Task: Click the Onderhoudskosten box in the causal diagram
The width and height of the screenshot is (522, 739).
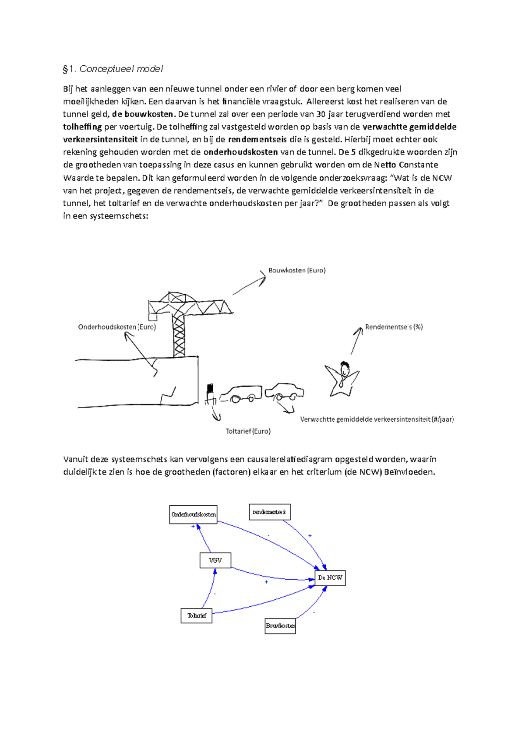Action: click(193, 514)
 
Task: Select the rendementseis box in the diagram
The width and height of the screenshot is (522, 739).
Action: click(269, 512)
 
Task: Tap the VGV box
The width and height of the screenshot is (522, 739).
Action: click(215, 560)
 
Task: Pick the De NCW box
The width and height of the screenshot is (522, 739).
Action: click(330, 578)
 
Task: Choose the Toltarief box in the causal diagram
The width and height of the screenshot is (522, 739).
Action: click(197, 615)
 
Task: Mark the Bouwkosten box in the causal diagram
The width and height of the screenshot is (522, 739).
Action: click(280, 626)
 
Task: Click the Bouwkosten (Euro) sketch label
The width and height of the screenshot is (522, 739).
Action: click(297, 270)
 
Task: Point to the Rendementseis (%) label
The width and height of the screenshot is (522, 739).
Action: click(394, 327)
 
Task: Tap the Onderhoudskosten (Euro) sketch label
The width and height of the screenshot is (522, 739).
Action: click(117, 327)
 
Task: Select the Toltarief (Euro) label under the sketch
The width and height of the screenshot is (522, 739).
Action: click(248, 431)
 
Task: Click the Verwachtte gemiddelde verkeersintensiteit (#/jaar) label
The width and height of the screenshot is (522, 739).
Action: click(377, 420)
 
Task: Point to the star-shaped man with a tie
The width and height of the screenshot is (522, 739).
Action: click(342, 378)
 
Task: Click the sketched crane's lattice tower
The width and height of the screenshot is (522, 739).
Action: click(179, 335)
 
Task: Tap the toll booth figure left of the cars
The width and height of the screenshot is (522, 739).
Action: click(211, 394)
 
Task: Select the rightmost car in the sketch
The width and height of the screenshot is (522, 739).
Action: click(284, 391)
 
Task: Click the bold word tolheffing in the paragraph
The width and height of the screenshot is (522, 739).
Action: click(82, 127)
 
